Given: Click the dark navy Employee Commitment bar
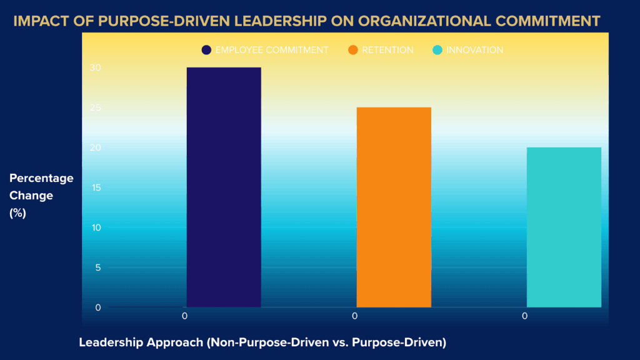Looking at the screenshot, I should coord(224,187).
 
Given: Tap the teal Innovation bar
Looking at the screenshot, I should coord(564,227).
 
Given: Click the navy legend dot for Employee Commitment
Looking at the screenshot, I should coord(207,50).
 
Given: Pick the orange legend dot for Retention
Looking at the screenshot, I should coord(353,50).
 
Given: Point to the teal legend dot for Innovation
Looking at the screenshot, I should coord(437,50).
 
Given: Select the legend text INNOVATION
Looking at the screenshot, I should coord(474,50).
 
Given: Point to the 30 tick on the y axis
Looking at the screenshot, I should coord(97,67).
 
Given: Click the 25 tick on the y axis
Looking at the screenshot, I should coord(97,107).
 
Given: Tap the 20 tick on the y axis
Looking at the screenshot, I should coord(97,147).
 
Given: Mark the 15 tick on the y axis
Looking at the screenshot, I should coord(97,187).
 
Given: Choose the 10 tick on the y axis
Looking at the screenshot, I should coord(97,227).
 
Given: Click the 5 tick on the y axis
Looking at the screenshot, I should coord(98,267).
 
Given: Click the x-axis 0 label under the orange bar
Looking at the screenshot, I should coord(354,316).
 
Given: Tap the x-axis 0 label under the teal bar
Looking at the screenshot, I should coord(524,316).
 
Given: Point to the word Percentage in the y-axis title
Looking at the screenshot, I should coord(41,178).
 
